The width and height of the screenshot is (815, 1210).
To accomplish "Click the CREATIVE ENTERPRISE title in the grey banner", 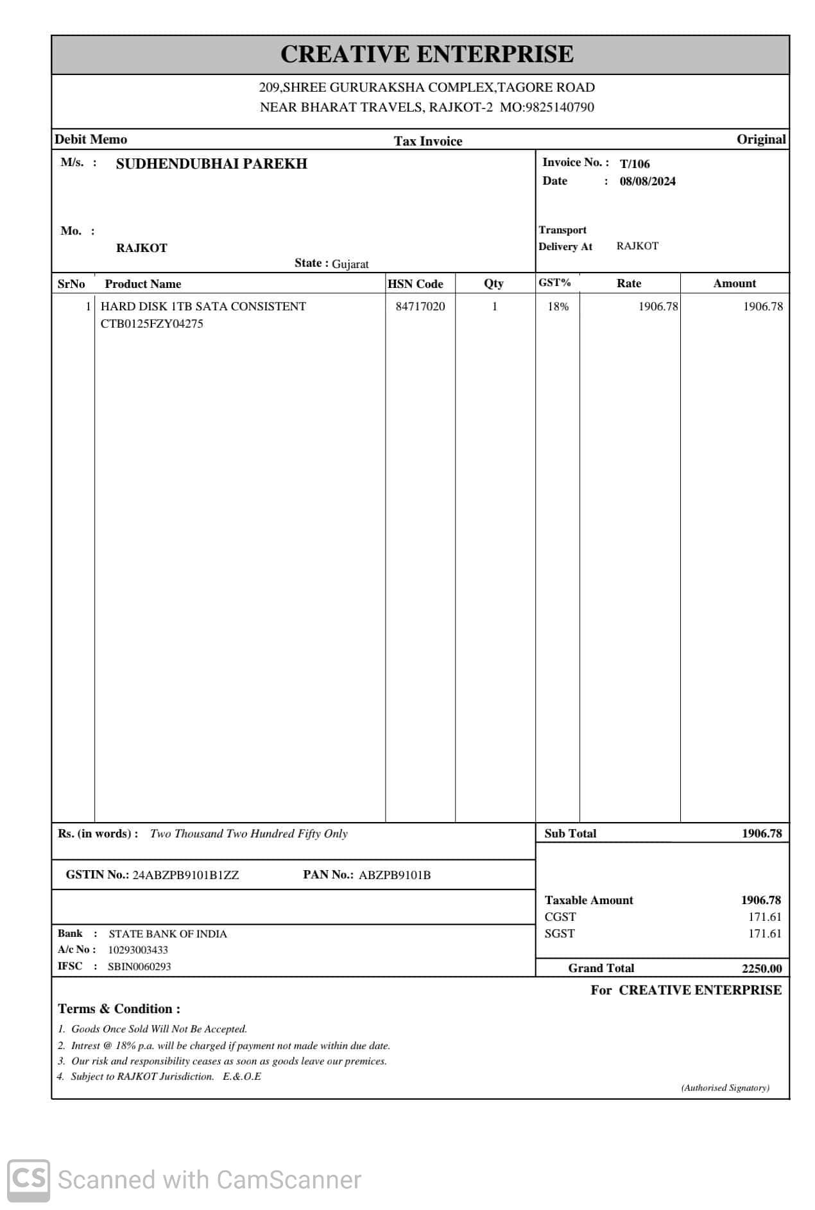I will tap(427, 55).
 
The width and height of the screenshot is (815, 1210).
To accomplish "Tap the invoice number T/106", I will tap(635, 164).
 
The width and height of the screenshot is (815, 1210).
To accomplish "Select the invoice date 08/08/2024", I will tap(648, 181).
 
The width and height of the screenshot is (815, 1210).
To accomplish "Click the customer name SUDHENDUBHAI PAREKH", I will tap(211, 164).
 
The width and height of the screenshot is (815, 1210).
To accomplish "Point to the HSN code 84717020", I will tap(420, 307).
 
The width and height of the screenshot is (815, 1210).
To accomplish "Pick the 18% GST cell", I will tap(558, 307).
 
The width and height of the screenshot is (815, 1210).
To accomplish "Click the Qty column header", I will tap(493, 283).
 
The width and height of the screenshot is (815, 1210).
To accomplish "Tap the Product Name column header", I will tap(142, 284).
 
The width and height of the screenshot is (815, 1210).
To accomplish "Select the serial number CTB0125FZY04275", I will tap(151, 324).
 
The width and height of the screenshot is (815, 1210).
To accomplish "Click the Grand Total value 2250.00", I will tap(762, 968).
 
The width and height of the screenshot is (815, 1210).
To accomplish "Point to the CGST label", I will tap(560, 917).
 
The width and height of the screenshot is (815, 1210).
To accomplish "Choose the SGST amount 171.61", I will tap(764, 934).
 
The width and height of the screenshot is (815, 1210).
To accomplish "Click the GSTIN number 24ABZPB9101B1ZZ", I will tap(185, 875).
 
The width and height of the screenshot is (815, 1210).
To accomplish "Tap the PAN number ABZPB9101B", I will tap(395, 875).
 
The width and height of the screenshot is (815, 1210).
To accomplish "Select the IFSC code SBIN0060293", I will tap(139, 966).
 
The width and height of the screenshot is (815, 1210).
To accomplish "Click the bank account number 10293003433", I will tap(138, 950).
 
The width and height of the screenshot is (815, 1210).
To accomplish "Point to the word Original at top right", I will tap(761, 140).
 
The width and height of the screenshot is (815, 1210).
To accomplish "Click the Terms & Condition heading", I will tap(119, 1009).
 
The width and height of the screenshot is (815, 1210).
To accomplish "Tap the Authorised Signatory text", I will tap(725, 1088).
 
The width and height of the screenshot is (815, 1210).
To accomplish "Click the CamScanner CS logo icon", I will tap(28, 1181).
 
